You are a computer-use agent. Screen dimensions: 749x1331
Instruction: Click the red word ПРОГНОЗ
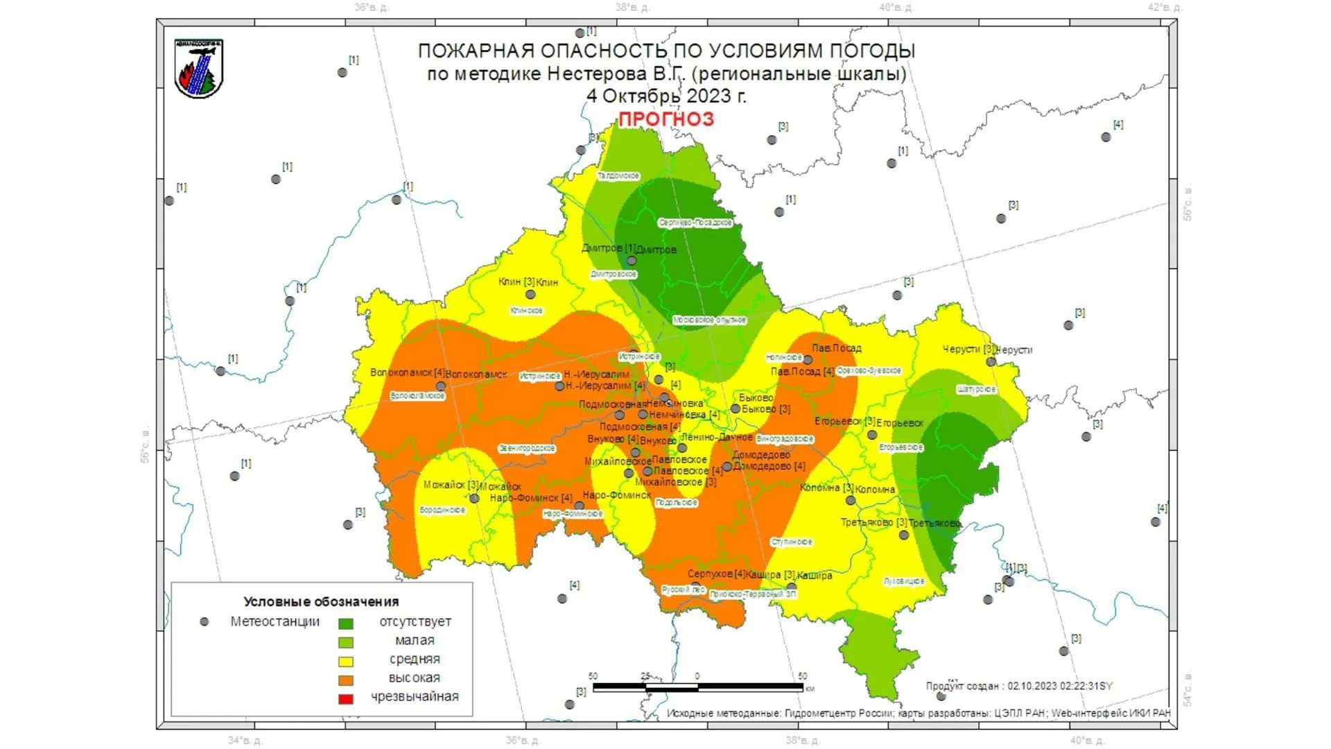[665, 119]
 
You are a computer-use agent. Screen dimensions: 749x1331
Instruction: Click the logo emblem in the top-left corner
[199, 69]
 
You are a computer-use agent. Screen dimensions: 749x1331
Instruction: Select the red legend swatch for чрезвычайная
[345, 698]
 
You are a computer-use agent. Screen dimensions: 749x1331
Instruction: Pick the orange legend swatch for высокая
[345, 680]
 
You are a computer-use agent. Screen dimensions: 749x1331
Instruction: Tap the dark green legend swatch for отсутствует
[345, 623]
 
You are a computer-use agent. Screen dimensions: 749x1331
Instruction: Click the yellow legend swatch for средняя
[345, 661]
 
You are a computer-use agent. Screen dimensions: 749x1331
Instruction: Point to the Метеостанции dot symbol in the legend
[204, 622]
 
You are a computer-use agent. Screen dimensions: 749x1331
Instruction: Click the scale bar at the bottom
[697, 687]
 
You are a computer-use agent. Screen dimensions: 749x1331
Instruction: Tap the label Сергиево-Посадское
[695, 223]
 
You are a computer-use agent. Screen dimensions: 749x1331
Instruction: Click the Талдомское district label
[618, 176]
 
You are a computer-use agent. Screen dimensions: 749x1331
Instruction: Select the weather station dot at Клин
[530, 295]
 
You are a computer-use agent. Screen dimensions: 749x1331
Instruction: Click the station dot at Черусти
[991, 361]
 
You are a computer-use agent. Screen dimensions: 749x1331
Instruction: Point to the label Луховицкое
[904, 581]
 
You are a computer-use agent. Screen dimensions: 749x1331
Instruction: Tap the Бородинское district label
[442, 510]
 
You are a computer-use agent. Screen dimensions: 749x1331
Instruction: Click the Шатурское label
[976, 390]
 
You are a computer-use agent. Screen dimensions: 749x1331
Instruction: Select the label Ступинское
[792, 542]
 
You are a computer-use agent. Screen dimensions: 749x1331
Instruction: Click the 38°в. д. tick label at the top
[632, 8]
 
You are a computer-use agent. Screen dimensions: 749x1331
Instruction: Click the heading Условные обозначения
[321, 602]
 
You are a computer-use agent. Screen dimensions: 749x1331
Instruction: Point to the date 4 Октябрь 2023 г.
[666, 96]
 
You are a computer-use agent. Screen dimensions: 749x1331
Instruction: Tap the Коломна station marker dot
[851, 500]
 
